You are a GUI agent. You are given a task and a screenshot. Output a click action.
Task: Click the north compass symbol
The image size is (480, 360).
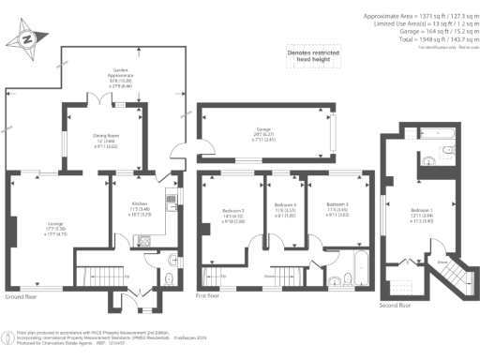click(27, 39)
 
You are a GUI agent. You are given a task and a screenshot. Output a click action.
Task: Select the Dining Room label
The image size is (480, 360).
click(96, 140)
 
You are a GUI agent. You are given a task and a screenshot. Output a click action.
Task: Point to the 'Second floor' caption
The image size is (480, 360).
click(394, 305)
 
